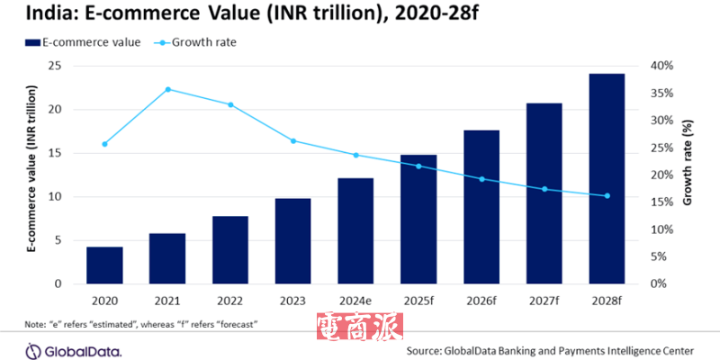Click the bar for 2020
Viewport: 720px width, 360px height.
click(x=104, y=265)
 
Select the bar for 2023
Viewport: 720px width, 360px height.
click(x=292, y=241)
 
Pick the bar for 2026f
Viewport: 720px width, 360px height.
click(x=481, y=207)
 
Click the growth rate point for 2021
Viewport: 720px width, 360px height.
click(x=167, y=89)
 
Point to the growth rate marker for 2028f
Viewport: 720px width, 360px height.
click(x=607, y=195)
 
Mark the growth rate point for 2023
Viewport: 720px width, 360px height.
click(x=292, y=140)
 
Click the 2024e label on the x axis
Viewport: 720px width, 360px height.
click(x=355, y=300)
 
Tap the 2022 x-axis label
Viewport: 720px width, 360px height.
click(x=229, y=300)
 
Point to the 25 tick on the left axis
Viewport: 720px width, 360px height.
click(x=54, y=66)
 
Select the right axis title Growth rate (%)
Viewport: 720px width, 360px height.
click(x=688, y=175)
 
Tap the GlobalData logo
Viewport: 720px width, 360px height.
click(x=67, y=349)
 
